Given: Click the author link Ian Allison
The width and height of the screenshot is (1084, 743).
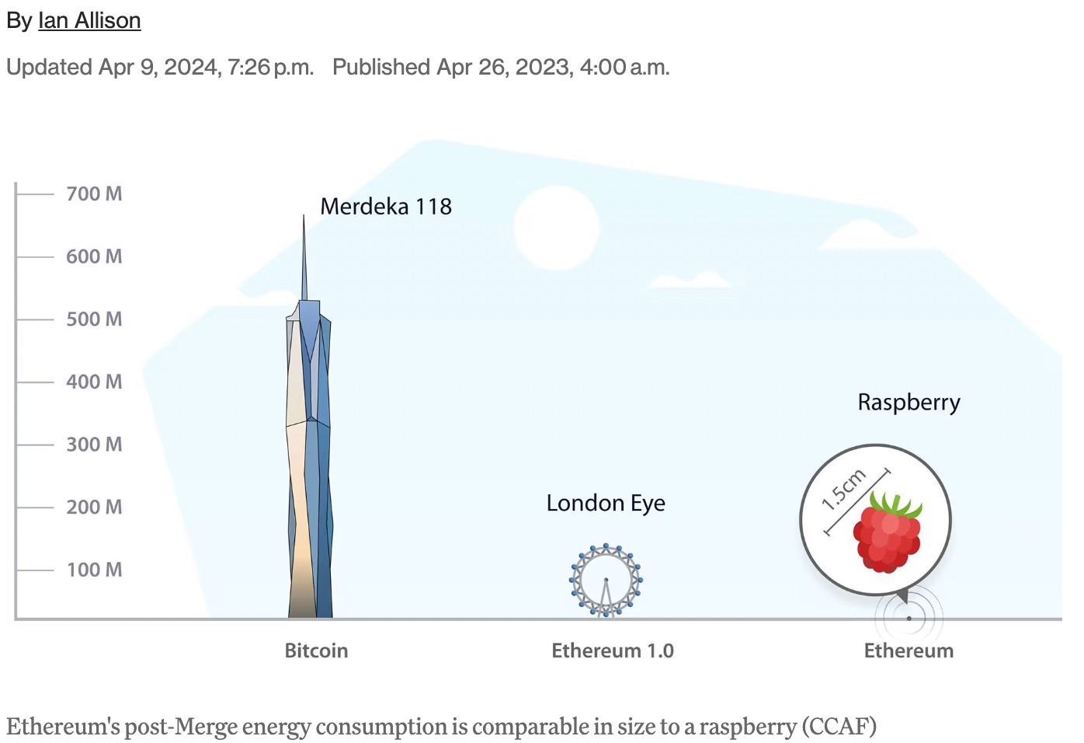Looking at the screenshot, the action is point(89,20).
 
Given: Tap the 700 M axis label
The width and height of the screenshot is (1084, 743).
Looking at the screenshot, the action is point(94,194).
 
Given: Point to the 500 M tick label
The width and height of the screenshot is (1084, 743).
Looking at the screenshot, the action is point(94,319).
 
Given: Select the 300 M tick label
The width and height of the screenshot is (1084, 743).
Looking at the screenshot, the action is point(94,445).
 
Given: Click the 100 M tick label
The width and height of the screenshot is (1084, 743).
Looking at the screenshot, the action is point(94,570).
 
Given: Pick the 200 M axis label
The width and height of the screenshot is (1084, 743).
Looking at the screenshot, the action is point(94,508).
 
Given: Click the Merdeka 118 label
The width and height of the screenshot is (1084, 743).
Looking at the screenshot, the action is point(386,207).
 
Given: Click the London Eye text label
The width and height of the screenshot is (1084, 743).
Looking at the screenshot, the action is point(606,504).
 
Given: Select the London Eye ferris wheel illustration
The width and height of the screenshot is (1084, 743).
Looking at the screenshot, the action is point(606,581).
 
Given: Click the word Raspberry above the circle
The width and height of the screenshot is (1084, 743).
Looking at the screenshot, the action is point(909,403).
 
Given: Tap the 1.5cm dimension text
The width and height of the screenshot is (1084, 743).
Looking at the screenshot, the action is point(844,489).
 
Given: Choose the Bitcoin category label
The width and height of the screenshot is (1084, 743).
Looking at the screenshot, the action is point(316,651).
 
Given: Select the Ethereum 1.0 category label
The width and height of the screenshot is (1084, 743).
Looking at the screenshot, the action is point(613,651).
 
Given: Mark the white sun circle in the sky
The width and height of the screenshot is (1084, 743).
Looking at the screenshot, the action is point(556,228).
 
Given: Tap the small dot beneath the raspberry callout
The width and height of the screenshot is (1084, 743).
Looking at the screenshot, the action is point(909,619).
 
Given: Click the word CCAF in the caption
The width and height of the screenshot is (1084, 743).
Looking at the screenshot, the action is point(839,727).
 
